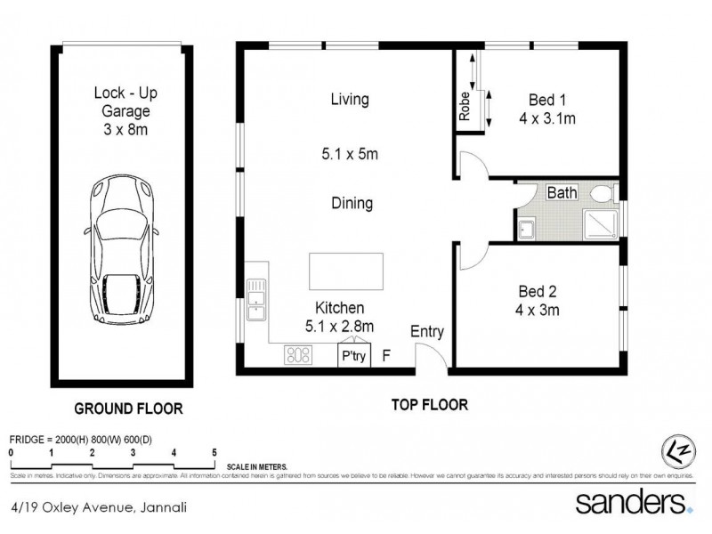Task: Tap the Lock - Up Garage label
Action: (x=125, y=112)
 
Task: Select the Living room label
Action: (x=349, y=100)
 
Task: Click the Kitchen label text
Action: (x=334, y=307)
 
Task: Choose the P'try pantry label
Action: (x=353, y=356)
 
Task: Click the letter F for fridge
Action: (x=385, y=356)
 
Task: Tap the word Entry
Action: (x=426, y=332)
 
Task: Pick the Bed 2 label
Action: (x=539, y=290)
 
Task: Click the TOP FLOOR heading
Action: (x=429, y=404)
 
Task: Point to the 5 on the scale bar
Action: (x=214, y=453)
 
